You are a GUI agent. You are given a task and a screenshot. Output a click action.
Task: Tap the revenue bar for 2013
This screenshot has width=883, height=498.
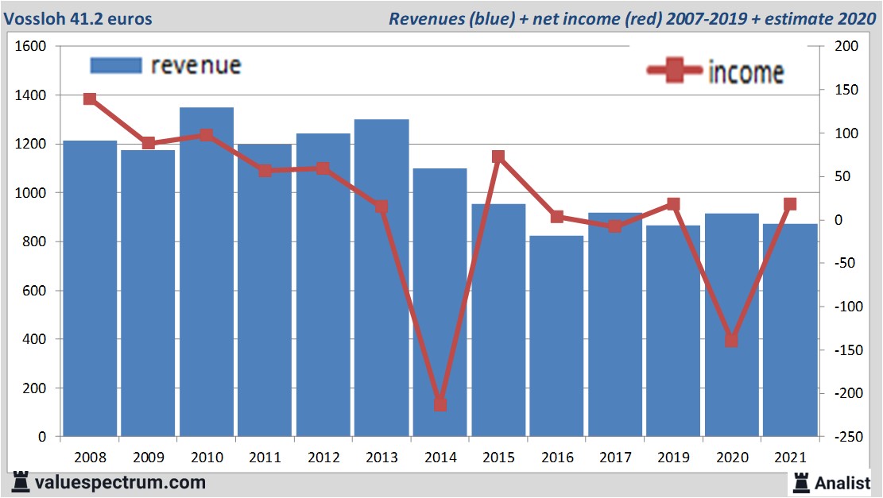coord(381,278)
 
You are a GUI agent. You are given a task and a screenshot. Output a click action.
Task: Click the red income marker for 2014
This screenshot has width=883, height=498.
coord(440,404)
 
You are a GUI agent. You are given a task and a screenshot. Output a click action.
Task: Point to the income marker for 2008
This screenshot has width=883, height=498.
coord(90,99)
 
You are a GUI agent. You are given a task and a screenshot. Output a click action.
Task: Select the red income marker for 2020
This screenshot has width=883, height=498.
coord(732,340)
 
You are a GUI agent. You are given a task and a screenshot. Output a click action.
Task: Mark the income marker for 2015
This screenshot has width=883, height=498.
coord(498,157)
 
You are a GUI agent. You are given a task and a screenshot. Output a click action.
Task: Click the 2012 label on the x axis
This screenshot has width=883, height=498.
coord(323,457)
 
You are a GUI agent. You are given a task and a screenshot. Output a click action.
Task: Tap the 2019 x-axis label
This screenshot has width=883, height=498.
coord(673,457)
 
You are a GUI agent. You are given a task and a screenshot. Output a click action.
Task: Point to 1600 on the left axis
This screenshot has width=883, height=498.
coord(31,47)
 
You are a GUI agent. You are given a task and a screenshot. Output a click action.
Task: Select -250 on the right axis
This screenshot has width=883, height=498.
coord(845,437)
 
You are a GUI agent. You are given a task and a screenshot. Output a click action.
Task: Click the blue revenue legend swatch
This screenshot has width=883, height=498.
coord(115,65)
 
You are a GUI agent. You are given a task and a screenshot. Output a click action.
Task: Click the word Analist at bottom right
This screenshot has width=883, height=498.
coord(842,481)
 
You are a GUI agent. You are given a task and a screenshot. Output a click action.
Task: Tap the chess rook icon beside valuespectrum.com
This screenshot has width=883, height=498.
coord(19,481)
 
